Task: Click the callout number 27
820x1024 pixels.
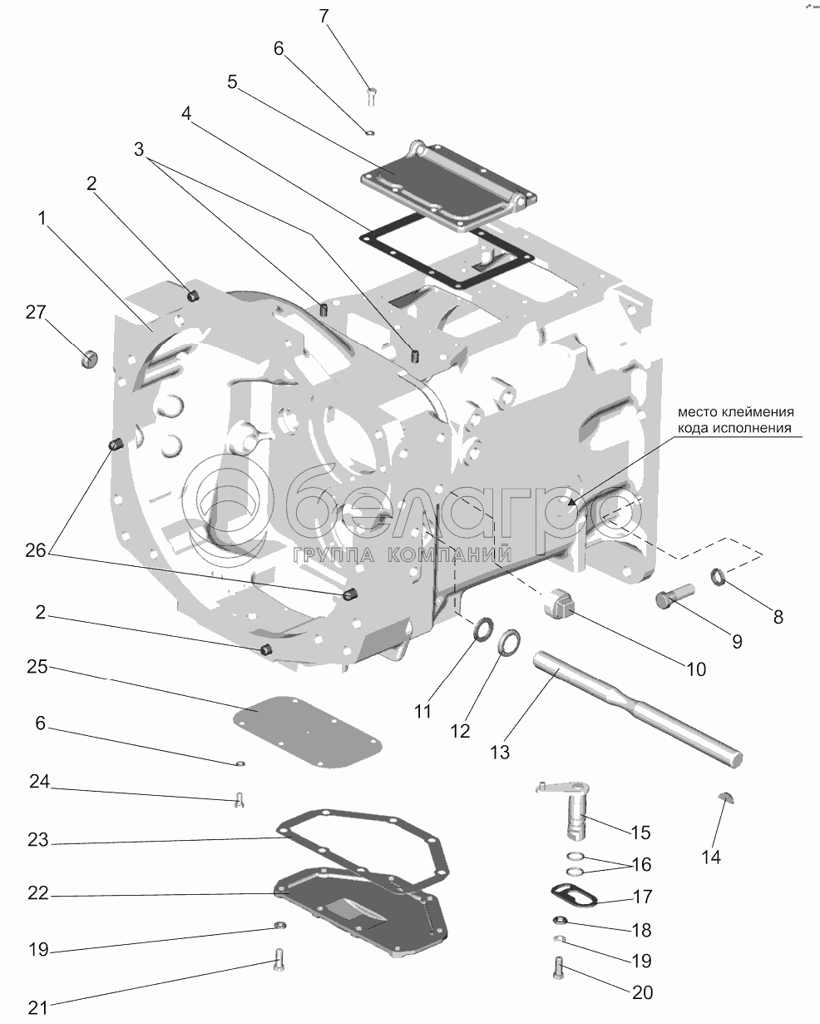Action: point(36,312)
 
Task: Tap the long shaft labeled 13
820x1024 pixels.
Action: point(637,718)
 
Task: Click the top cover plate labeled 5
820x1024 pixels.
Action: point(448,186)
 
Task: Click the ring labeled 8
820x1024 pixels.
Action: point(718,577)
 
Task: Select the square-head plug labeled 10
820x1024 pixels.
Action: point(558,604)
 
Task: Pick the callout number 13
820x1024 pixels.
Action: point(500,753)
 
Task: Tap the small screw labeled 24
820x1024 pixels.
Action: point(240,800)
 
